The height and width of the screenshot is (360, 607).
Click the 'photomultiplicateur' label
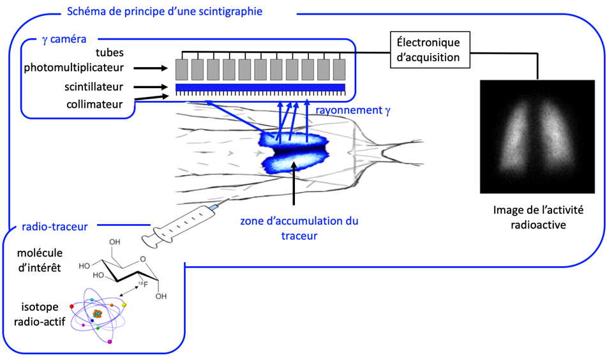(79, 66)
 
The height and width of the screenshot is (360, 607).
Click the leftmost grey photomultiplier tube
(181, 68)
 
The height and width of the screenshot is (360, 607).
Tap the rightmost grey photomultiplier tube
(339, 68)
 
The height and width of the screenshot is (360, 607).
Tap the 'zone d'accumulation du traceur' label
(299, 228)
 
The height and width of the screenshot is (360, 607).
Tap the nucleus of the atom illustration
(98, 313)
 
